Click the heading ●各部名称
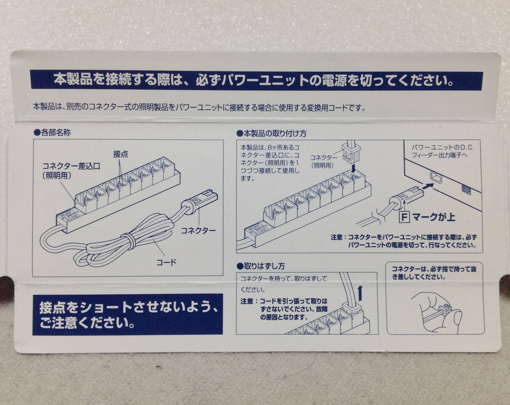(x=52, y=133)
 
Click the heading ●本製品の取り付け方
(x=271, y=133)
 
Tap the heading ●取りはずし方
(x=261, y=266)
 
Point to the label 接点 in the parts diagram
(x=120, y=154)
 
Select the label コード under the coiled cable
(x=166, y=262)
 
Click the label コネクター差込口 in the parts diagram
(x=71, y=166)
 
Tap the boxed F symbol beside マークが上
(x=404, y=217)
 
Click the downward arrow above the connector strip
(x=354, y=168)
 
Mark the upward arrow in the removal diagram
(x=360, y=293)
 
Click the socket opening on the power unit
(x=436, y=177)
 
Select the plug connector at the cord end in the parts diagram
(x=200, y=202)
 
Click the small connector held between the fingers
(x=445, y=309)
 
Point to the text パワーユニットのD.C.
(x=443, y=147)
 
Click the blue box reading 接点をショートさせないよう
(x=127, y=315)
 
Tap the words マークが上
(x=433, y=217)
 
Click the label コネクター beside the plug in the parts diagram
(x=198, y=230)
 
